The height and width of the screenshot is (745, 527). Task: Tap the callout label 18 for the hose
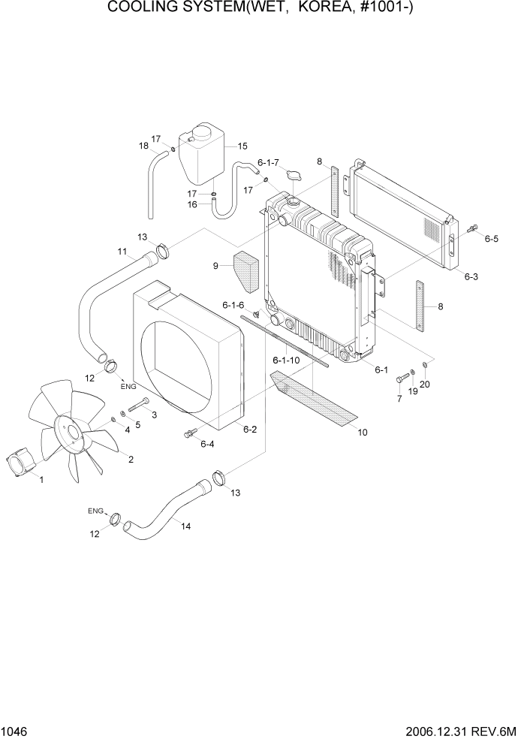pyautogui.click(x=144, y=146)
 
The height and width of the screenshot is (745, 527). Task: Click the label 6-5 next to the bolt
pyautogui.click(x=492, y=239)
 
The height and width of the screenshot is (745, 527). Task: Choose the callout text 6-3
pyautogui.click(x=471, y=276)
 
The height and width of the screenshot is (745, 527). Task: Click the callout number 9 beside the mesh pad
pyautogui.click(x=216, y=265)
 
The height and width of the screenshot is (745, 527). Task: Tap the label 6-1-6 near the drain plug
pyautogui.click(x=233, y=305)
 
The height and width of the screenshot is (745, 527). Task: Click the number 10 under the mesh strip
pyautogui.click(x=363, y=432)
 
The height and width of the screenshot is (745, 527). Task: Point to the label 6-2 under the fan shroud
pyautogui.click(x=250, y=429)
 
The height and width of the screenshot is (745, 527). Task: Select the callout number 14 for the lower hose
pyautogui.click(x=185, y=526)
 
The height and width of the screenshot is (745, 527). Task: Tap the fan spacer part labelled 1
pyautogui.click(x=21, y=460)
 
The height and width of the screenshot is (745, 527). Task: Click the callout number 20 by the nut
pyautogui.click(x=425, y=385)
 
